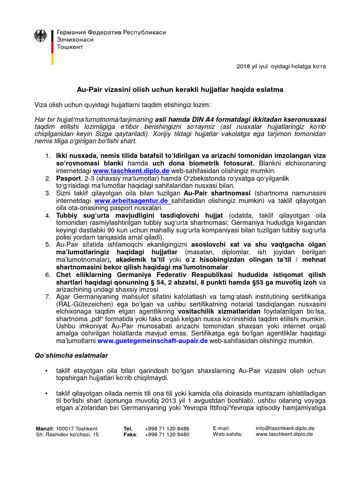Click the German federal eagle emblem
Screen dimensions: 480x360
41,37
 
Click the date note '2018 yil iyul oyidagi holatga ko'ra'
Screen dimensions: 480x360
281,66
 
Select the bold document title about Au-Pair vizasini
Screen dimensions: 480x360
180,89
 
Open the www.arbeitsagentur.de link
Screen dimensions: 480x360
132,201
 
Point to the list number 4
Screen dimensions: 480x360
48,216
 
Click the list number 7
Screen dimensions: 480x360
48,297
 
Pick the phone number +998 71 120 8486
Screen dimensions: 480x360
168,428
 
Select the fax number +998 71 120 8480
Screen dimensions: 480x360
168,435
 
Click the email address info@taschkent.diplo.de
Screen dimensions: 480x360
285,428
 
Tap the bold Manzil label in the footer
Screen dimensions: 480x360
45,428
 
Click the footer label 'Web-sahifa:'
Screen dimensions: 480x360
227,434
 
